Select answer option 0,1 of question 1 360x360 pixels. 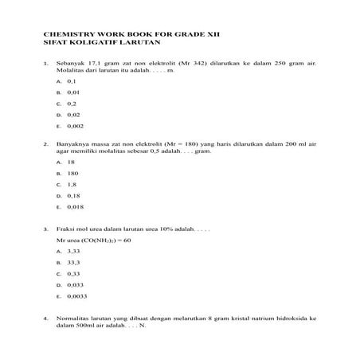[72, 81]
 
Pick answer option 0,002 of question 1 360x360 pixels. [76, 126]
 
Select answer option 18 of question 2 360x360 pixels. [71, 162]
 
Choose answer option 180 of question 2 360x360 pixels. [72, 173]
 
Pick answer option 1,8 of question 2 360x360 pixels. [72, 184]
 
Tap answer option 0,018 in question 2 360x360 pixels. [76, 206]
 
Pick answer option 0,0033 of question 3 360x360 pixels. [77, 295]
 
